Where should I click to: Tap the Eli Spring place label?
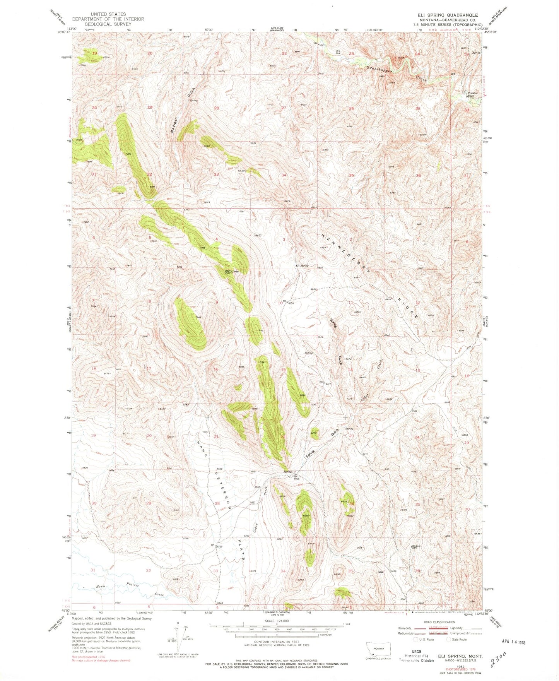(x=302, y=266)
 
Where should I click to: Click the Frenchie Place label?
(x=473, y=94)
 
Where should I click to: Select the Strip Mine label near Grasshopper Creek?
(x=338, y=51)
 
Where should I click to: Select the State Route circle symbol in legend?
(x=449, y=640)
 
